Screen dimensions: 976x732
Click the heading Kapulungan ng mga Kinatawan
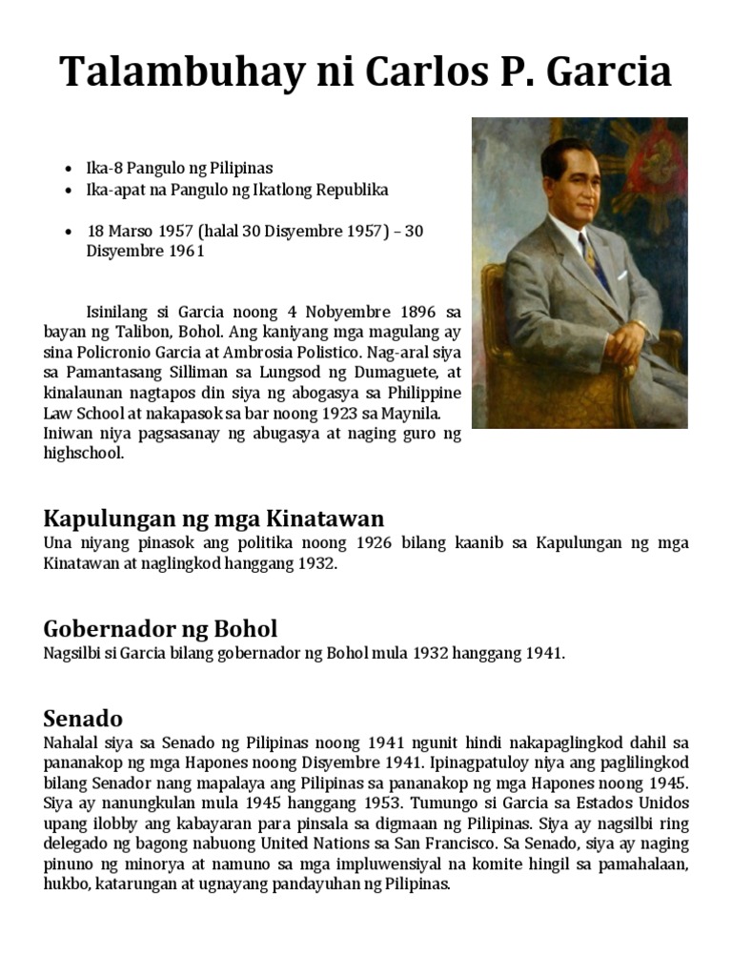pyautogui.click(x=213, y=518)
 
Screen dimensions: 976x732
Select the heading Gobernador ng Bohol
pyautogui.click(x=160, y=629)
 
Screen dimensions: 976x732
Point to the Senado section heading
pyautogui.click(x=83, y=718)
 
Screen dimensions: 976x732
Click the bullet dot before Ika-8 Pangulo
pyautogui.click(x=68, y=169)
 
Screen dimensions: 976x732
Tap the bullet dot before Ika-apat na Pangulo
pyautogui.click(x=68, y=191)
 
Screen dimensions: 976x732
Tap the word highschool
pyautogui.click(x=84, y=454)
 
